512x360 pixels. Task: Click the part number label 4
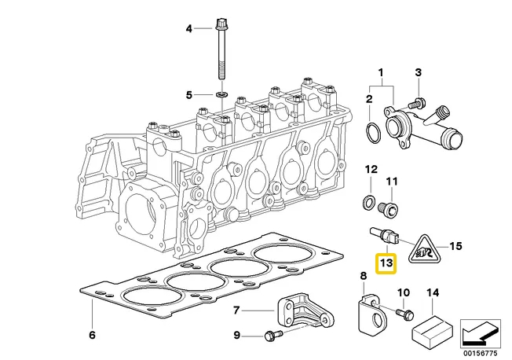[188, 30]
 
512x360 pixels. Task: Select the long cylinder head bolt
[222, 55]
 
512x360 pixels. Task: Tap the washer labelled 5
[222, 95]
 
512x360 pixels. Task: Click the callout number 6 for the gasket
[92, 336]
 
